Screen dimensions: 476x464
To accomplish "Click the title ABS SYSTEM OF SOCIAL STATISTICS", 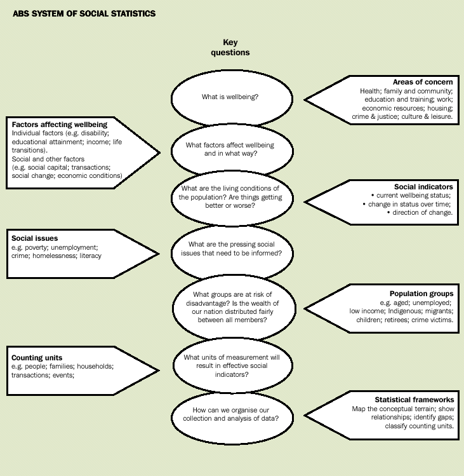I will [x=84, y=13].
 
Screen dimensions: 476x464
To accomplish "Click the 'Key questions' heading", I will [x=230, y=48].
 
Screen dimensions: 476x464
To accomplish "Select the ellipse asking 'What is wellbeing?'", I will [x=232, y=97].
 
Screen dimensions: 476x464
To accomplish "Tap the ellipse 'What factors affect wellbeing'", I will [x=232, y=149].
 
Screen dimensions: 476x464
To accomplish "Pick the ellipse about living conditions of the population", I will [x=232, y=198].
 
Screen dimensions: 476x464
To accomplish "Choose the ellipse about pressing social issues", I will [x=232, y=248].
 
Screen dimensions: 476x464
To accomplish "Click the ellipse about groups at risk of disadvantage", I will [x=232, y=306].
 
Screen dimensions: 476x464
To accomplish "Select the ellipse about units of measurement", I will [x=232, y=365].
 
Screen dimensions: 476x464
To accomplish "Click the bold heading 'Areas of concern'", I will [x=423, y=82].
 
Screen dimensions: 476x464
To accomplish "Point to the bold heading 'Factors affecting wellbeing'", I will [x=60, y=124].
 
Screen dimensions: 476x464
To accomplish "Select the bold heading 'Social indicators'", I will [x=423, y=187].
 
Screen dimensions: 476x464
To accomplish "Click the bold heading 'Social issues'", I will [x=34, y=238].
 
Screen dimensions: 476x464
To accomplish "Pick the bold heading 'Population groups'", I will [x=421, y=294].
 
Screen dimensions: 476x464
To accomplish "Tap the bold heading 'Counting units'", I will [x=37, y=358].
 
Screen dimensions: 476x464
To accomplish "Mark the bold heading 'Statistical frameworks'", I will [x=413, y=400].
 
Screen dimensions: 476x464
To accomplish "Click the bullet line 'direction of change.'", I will [x=420, y=213].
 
